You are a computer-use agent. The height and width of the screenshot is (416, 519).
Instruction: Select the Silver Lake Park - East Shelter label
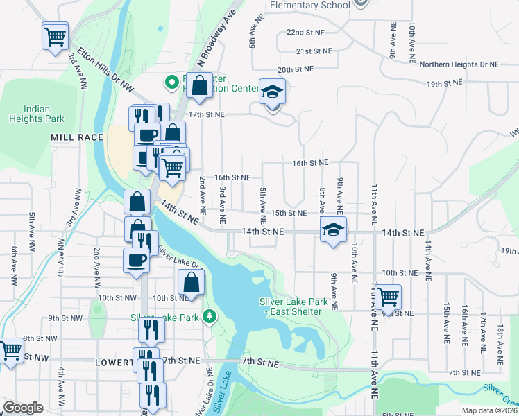(x=291, y=306)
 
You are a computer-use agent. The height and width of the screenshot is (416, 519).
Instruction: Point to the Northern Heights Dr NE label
(x=459, y=64)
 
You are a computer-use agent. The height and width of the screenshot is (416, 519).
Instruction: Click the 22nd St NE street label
(x=305, y=33)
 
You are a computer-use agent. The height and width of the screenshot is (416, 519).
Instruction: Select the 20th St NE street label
(x=296, y=69)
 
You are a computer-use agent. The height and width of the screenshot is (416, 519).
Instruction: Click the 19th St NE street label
(x=444, y=83)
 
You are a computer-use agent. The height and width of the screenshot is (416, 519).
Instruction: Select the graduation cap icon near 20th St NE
(x=273, y=92)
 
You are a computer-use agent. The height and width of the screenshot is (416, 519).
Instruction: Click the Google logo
(x=23, y=408)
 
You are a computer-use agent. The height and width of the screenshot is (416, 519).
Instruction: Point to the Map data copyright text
(x=490, y=410)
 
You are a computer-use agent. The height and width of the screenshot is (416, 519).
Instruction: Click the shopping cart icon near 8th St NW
(x=10, y=350)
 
